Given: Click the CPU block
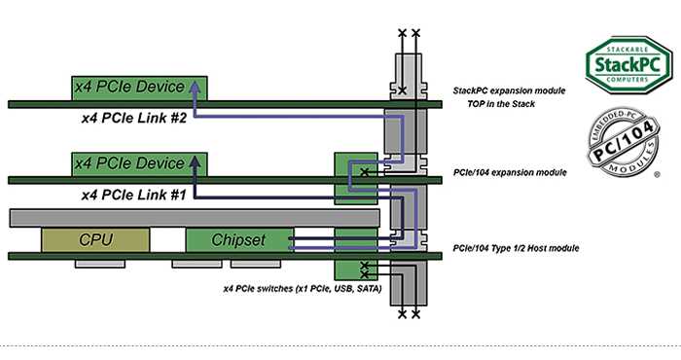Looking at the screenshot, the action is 95,239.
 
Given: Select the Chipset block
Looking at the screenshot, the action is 239,239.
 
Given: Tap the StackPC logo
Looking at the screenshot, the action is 628,65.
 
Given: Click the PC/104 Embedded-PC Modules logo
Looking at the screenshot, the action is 624,142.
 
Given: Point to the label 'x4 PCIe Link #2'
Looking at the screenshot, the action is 134,118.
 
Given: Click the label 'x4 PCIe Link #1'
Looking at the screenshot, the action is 134,195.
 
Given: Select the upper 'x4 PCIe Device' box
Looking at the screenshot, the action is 139,89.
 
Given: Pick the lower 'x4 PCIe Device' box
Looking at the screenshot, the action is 139,164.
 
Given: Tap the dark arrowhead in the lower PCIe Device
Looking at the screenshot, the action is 196,162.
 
